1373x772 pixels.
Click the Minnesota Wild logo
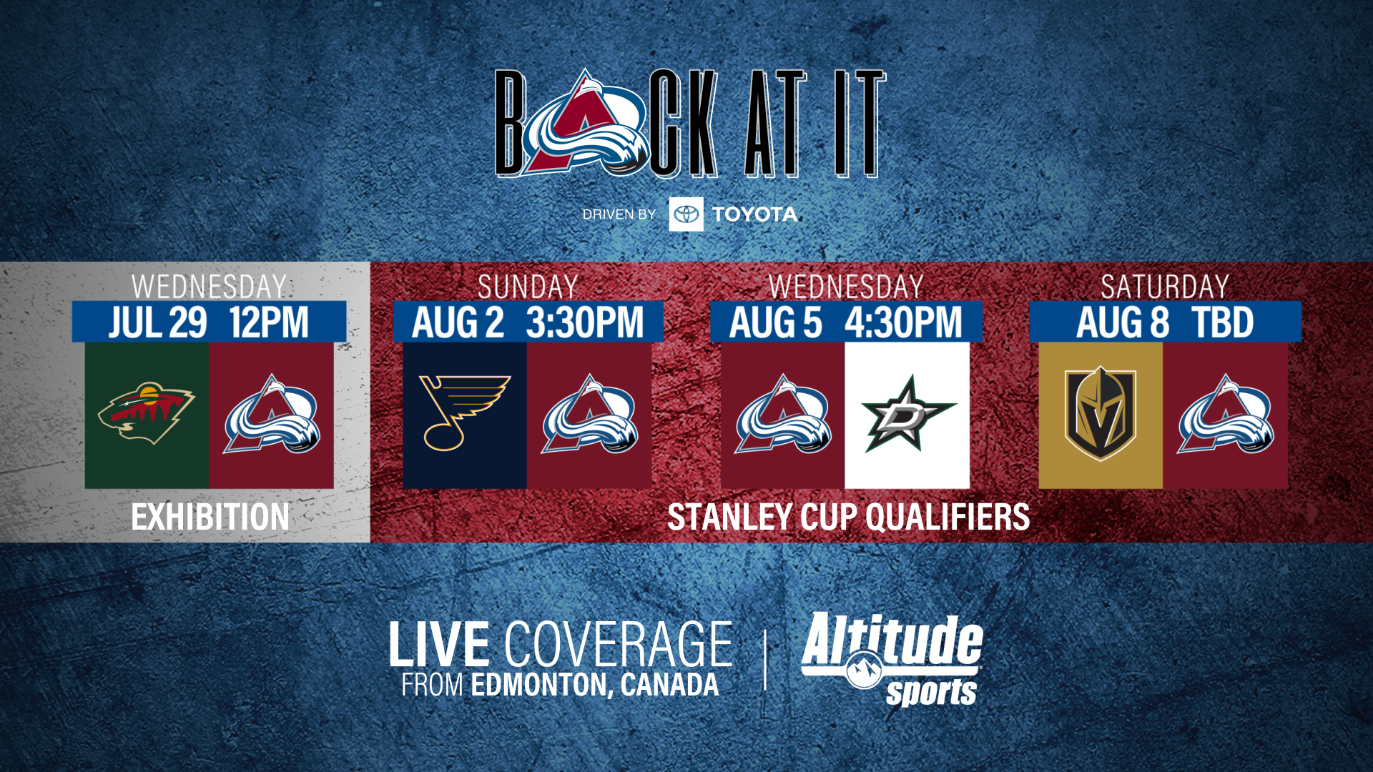[147, 413]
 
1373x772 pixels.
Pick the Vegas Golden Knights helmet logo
[1101, 414]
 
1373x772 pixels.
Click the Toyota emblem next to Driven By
[686, 214]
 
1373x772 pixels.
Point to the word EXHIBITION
[210, 517]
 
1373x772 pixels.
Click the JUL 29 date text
[158, 322]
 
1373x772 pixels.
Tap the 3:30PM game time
[585, 322]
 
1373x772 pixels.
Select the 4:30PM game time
[903, 322]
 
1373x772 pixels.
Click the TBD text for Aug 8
[1223, 322]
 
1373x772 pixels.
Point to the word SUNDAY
[528, 287]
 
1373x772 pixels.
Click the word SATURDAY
[1165, 287]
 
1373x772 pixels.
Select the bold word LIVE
[439, 644]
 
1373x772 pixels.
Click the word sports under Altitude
[931, 692]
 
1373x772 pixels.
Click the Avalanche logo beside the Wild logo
[272, 414]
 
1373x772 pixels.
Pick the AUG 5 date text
[776, 322]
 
